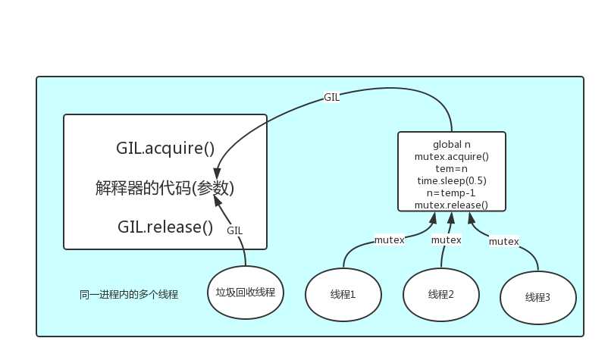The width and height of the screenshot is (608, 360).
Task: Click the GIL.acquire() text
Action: pos(165,149)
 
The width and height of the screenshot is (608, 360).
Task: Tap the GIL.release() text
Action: pos(165,226)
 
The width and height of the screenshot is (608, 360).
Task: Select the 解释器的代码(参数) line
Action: pos(165,188)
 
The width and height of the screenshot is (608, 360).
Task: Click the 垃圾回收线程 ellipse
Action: pos(245,293)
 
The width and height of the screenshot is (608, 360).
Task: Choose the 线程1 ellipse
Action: pos(343,294)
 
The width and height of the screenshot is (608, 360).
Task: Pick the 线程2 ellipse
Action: pos(440,294)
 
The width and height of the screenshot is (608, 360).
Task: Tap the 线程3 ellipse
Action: pos(537,297)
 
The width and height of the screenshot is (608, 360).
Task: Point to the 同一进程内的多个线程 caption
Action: pos(129,293)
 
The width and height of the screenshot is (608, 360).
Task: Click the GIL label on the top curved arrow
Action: pos(332,98)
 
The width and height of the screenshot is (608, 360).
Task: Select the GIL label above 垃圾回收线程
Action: pos(235,230)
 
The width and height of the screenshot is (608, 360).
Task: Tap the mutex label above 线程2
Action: pos(447,239)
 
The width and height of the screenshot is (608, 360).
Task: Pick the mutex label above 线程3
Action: pos(503,242)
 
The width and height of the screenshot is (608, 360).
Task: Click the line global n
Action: pos(451,144)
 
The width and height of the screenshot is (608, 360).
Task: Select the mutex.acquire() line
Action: pos(451,156)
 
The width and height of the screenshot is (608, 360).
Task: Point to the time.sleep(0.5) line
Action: pos(451,180)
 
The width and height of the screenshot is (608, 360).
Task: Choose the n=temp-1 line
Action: pos(451,193)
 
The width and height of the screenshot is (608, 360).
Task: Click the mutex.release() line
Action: pos(451,205)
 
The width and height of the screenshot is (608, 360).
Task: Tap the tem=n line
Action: pos(451,168)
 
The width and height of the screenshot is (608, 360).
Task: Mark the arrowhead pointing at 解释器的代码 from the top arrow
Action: pos(218,173)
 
